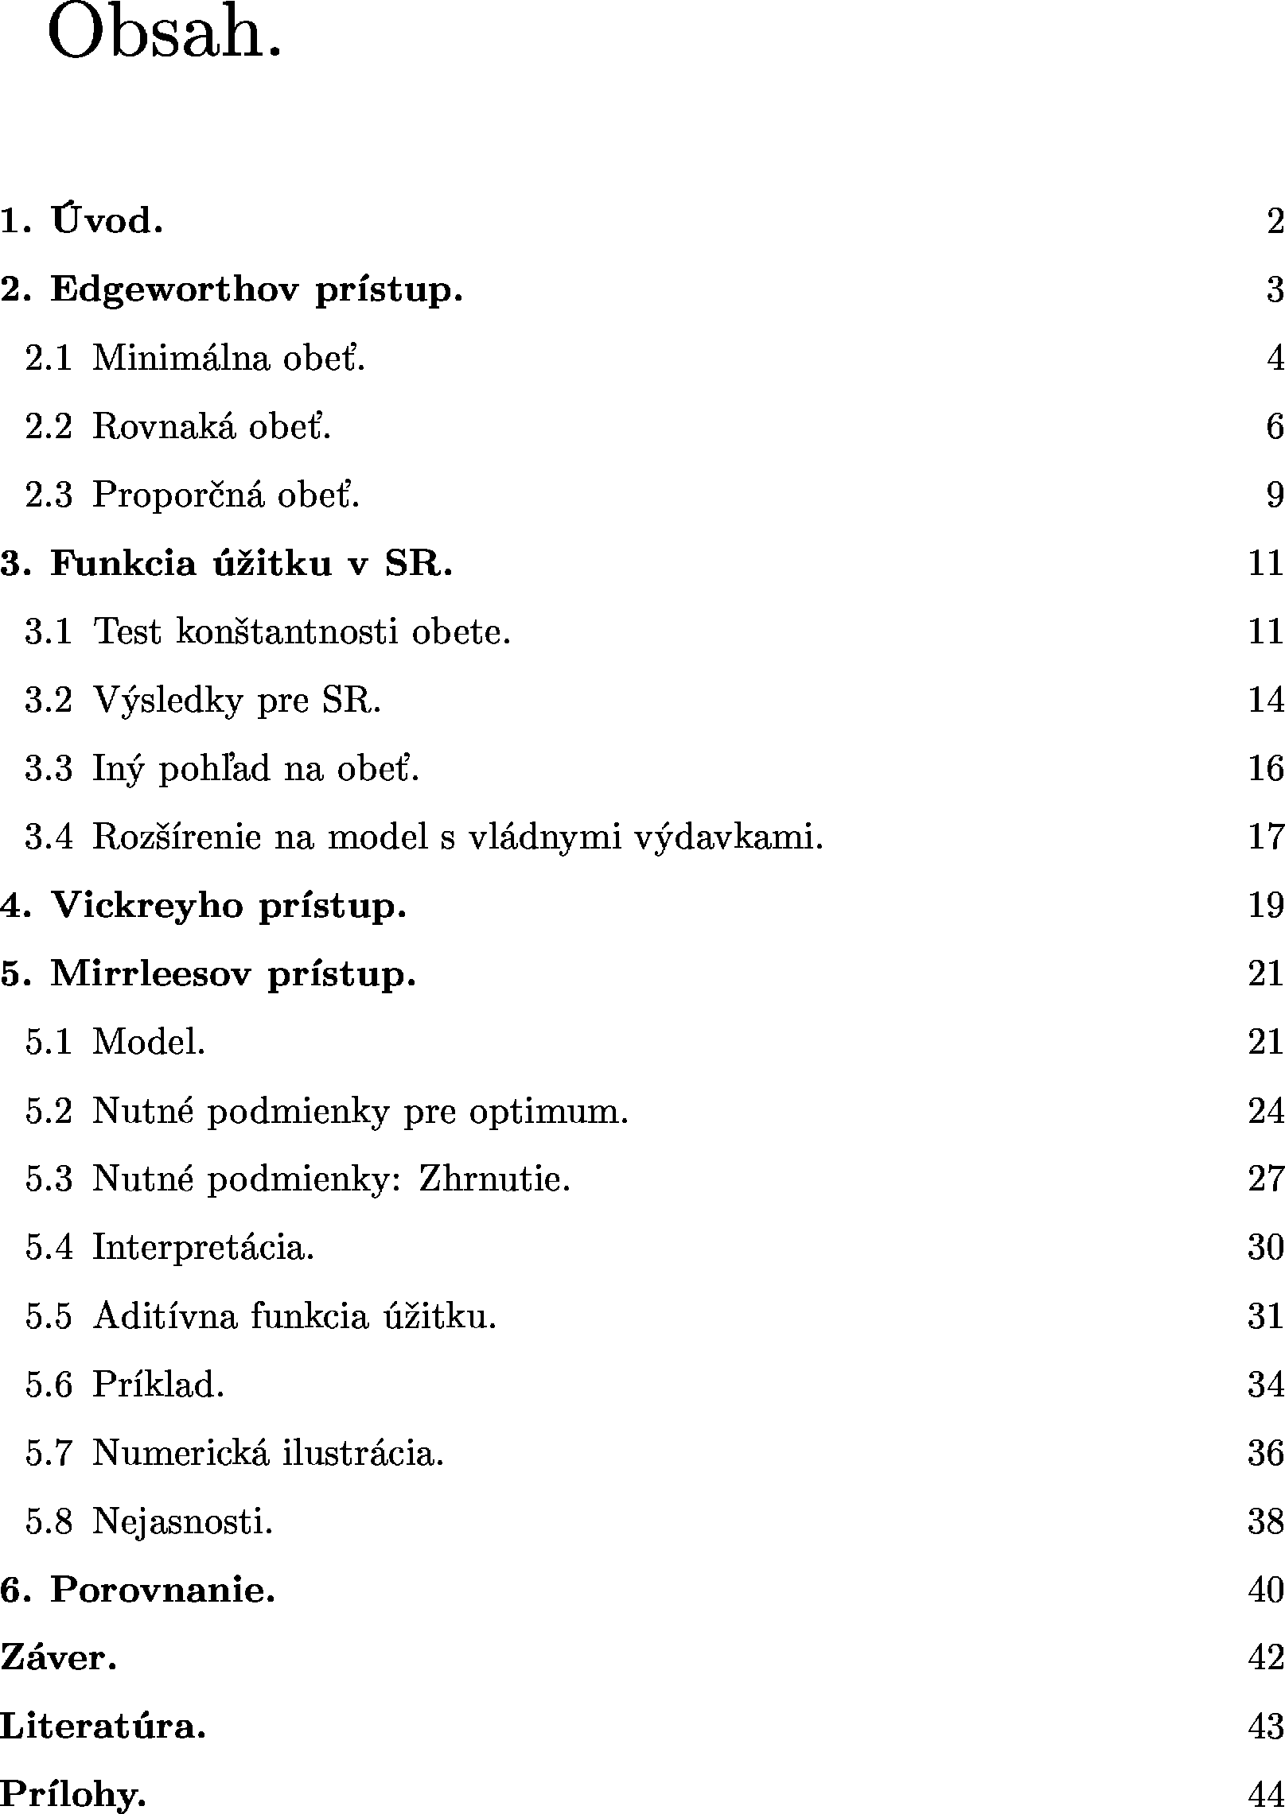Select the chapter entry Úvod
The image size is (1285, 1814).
coord(107,221)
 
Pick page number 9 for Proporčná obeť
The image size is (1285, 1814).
coord(1274,495)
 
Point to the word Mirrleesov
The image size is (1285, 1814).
coord(152,974)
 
